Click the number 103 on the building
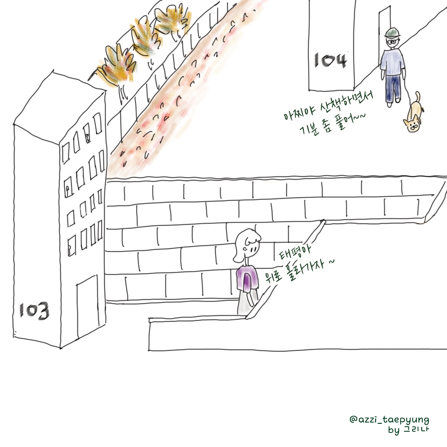[34, 310]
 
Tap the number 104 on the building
[330, 60]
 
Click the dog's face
[412, 125]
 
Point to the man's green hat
[393, 33]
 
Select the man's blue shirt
[392, 62]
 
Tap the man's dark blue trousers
[393, 88]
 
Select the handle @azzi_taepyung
[389, 419]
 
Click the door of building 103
[87, 307]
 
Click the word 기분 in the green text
[309, 129]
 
